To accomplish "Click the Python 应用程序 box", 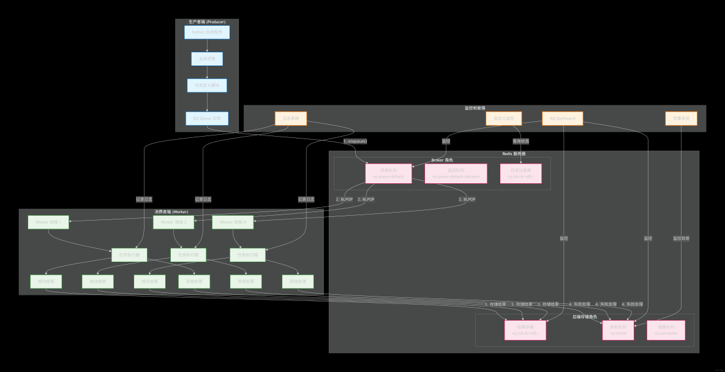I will click(207, 32).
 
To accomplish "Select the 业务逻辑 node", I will click(207, 59).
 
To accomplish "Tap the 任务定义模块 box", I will click(207, 85).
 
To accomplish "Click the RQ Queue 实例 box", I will click(207, 118).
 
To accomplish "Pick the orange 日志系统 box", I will click(290, 118).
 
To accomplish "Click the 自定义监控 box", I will click(503, 118).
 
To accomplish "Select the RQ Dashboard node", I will click(562, 118).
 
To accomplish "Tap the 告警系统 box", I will click(681, 118).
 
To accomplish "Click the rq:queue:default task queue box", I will click(388, 173).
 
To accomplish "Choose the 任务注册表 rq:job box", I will click(520, 173).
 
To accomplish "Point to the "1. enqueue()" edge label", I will click(355, 141).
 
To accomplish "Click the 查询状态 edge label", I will click(521, 141).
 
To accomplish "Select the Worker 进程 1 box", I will click(48, 222).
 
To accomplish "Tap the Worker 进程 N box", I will click(233, 222).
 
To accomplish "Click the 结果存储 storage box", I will click(525, 330).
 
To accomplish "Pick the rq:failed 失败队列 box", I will click(618, 330).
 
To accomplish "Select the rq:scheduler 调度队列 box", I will click(666, 330).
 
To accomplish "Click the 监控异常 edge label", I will click(681, 238).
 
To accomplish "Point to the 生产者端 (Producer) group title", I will click(207, 22).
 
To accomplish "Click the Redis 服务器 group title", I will click(514, 154).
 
